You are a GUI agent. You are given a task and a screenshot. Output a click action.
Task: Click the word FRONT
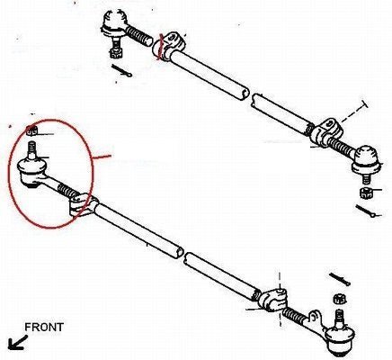point(44,327)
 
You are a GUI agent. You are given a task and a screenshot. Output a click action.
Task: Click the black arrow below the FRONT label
point(17,343)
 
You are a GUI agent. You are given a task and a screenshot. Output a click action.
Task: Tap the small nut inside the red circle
point(31,130)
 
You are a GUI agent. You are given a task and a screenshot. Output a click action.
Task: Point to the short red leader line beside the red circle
point(102,157)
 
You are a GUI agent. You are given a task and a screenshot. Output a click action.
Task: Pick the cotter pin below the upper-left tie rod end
point(121,70)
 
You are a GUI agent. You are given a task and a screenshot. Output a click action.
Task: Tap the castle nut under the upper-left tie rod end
point(115,52)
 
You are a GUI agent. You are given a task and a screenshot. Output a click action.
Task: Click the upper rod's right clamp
point(326,132)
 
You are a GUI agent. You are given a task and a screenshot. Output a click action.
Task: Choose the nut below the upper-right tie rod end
point(366,192)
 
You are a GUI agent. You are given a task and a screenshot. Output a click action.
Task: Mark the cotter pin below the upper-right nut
point(368,211)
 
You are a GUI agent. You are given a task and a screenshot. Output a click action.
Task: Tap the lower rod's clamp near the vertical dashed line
point(273,299)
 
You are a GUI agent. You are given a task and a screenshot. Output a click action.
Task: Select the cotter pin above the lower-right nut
point(340,279)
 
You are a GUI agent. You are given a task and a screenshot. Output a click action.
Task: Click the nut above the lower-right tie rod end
point(338,299)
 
